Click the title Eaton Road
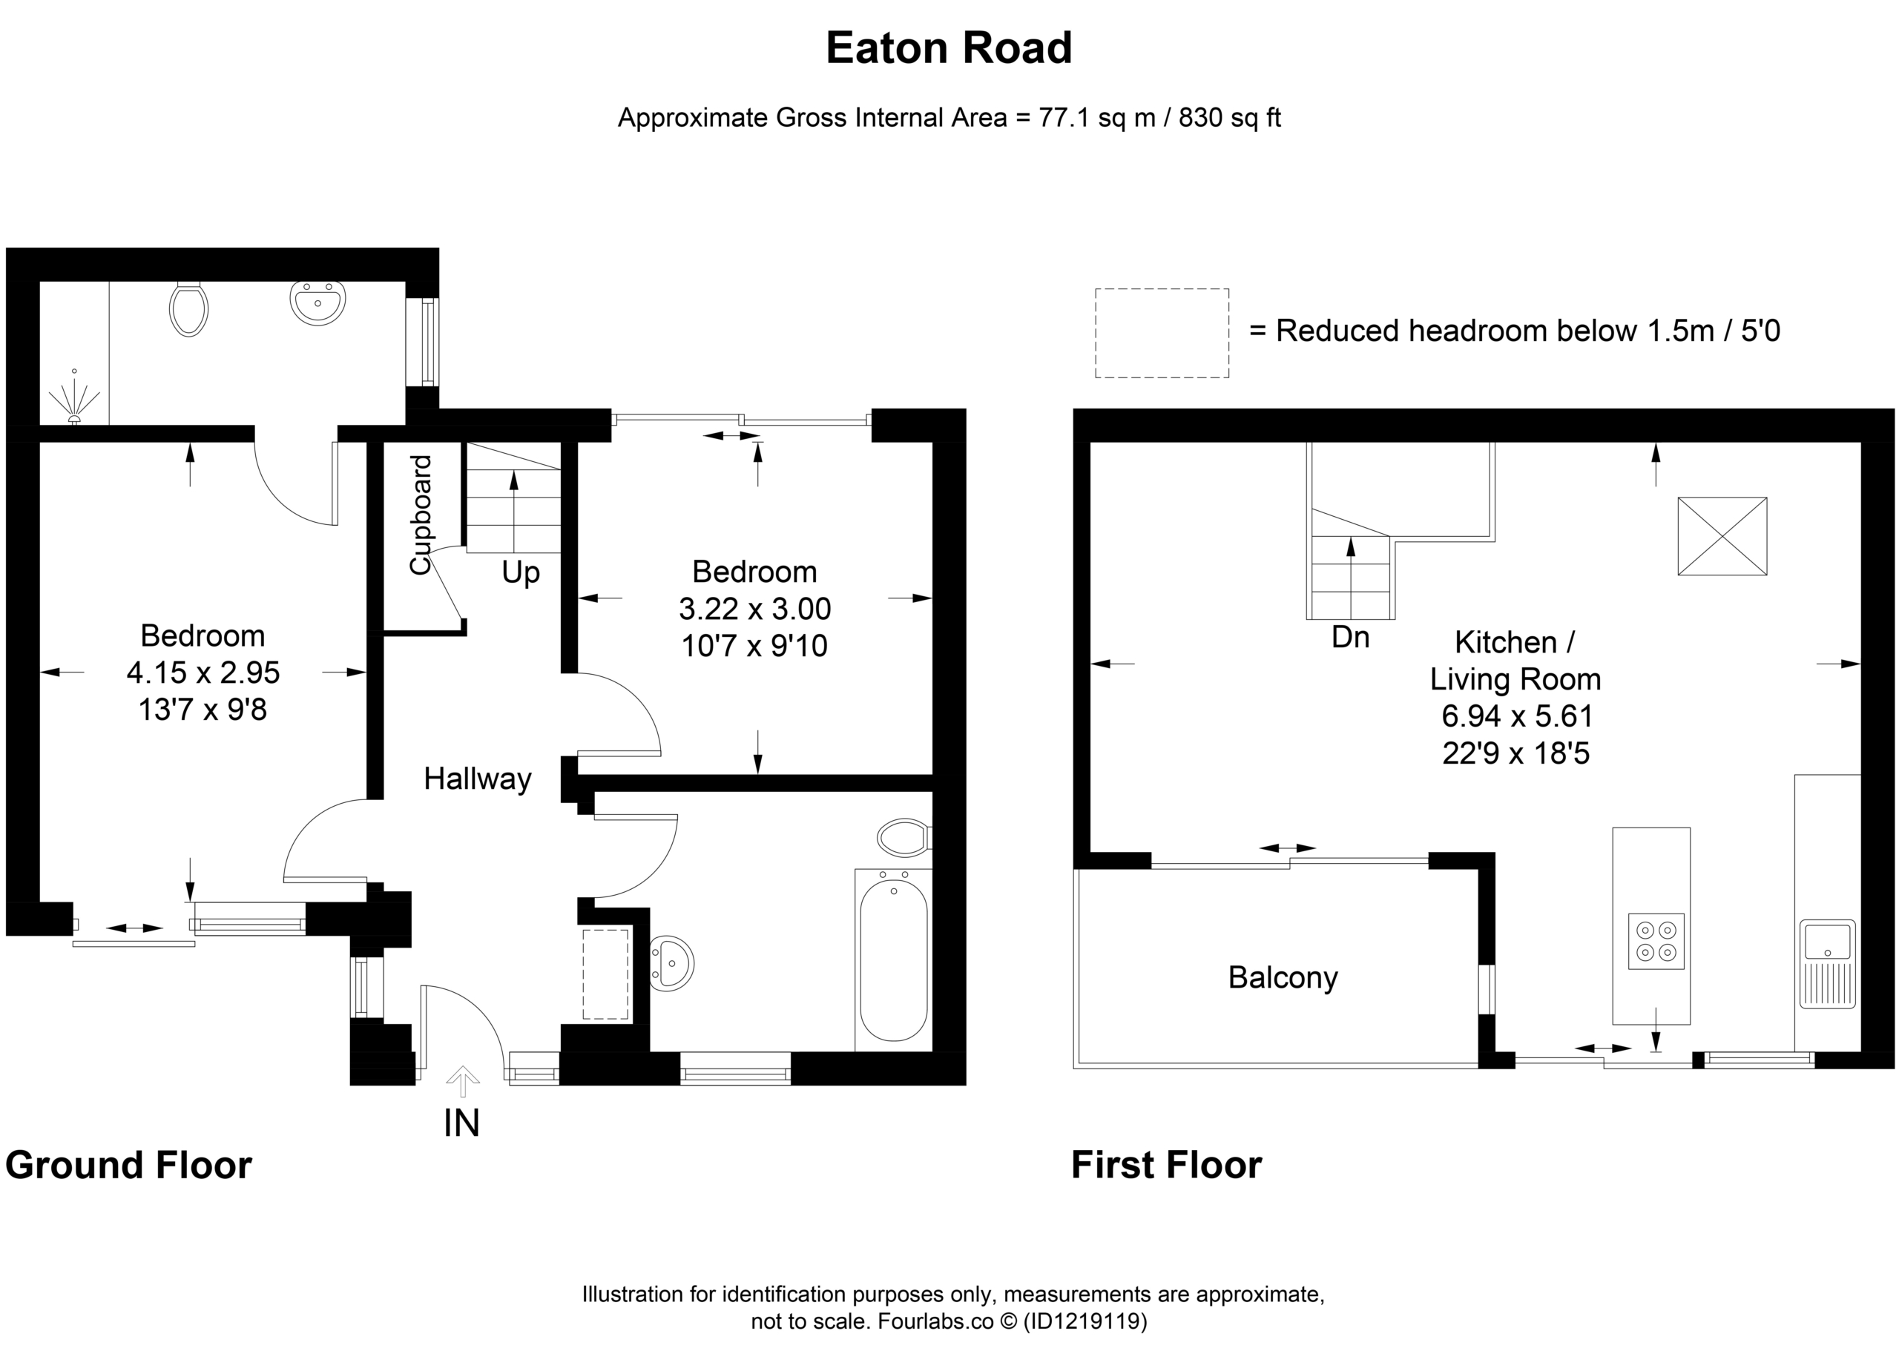click(x=949, y=47)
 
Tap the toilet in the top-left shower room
click(x=188, y=308)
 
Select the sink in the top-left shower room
click(x=317, y=303)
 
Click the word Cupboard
click(x=421, y=515)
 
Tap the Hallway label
click(x=477, y=779)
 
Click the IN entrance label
click(x=461, y=1123)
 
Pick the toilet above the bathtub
click(x=905, y=836)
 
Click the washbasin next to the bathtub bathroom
click(x=671, y=963)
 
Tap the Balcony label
click(x=1283, y=977)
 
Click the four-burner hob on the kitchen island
click(x=1656, y=942)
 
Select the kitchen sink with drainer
click(x=1829, y=963)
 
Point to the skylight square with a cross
click(x=1722, y=537)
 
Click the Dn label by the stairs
click(x=1351, y=638)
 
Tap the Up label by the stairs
click(x=521, y=573)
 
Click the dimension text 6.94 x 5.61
click(x=1516, y=716)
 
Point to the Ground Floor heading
click(x=128, y=1165)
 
